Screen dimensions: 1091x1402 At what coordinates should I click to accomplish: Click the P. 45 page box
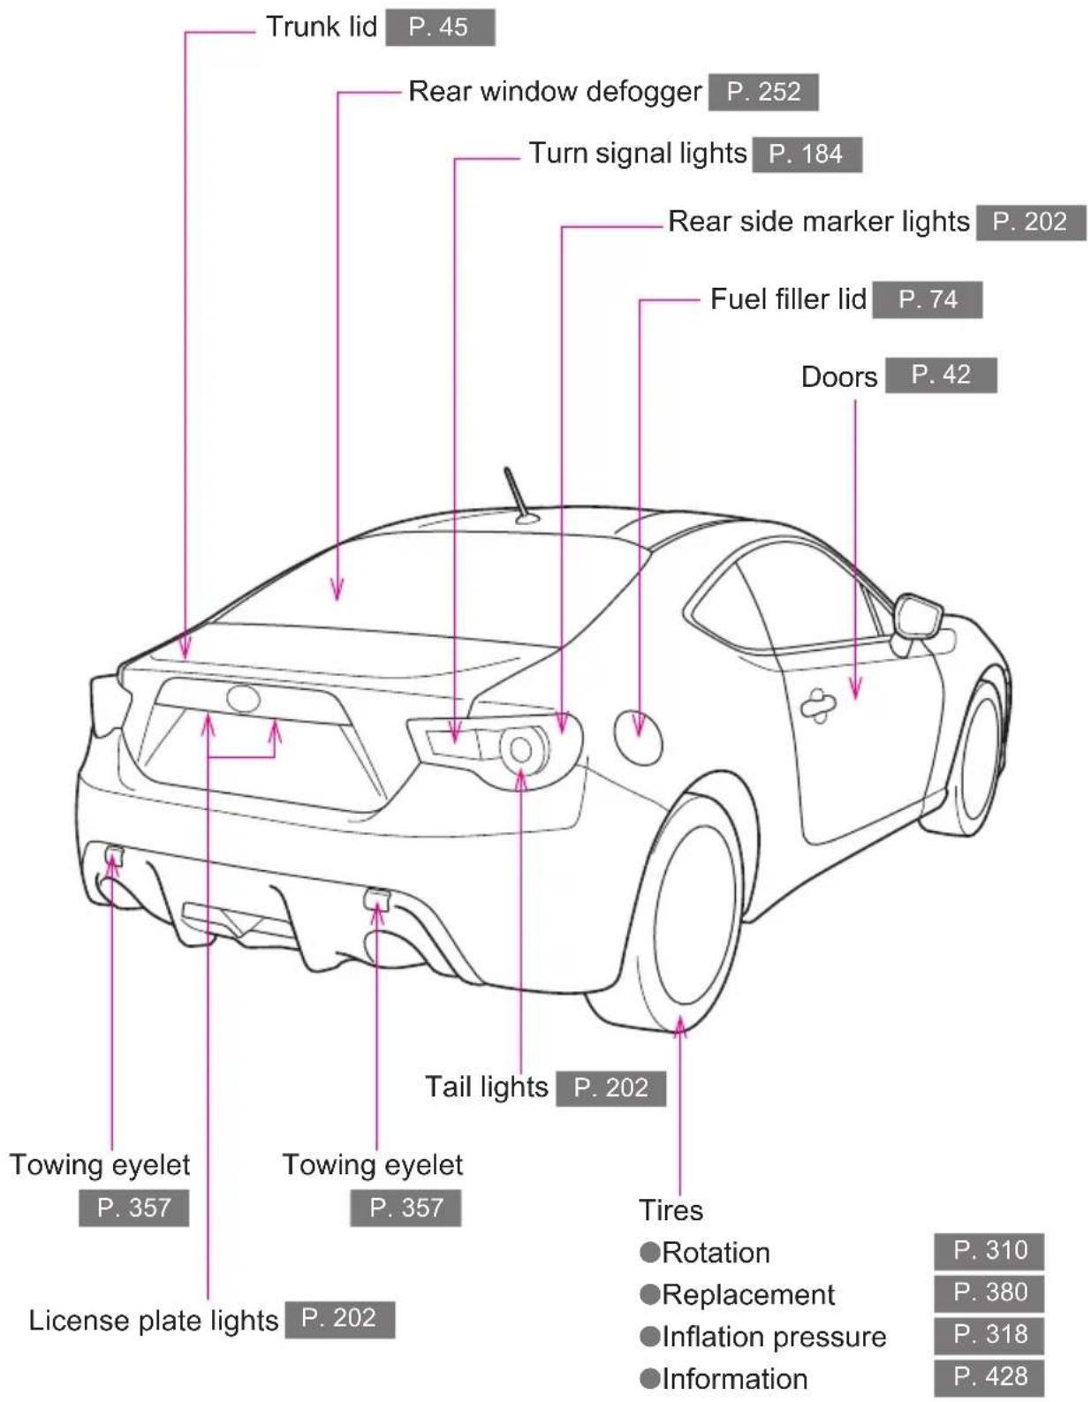pos(440,27)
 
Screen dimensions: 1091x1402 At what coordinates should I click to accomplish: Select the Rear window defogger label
pos(555,92)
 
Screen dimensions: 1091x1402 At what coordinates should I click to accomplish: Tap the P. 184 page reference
pos(807,155)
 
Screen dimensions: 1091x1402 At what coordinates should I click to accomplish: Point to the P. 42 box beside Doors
pos(941,375)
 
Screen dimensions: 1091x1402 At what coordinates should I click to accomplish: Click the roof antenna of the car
pos(520,496)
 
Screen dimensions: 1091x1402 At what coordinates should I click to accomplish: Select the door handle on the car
pos(818,705)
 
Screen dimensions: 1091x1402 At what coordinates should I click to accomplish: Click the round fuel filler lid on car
pos(638,736)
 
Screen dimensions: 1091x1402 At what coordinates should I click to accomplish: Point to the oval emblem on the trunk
pos(243,698)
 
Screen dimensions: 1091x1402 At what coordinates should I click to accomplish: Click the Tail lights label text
pos(487,1087)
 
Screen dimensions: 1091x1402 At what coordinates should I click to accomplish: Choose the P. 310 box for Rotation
pos(989,1250)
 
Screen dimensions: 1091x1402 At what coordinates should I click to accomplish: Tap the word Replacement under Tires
pos(747,1293)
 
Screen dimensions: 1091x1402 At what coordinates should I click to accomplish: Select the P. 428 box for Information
pos(989,1377)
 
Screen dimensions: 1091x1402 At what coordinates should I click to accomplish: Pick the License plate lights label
pos(154,1320)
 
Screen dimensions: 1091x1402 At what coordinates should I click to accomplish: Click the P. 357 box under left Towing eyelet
pos(133,1208)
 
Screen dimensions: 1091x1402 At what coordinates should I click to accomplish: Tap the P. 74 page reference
pos(927,299)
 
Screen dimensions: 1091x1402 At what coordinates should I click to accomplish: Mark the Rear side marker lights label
pos(819,222)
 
